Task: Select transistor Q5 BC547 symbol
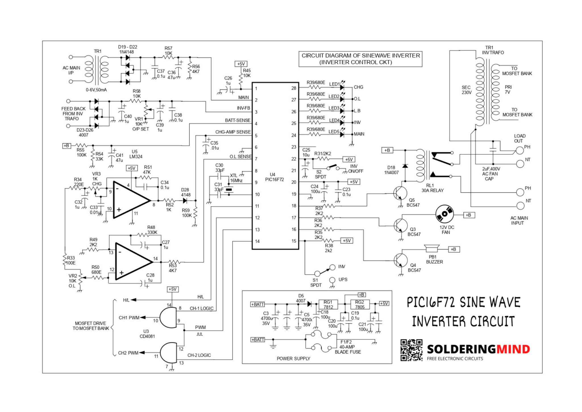pyautogui.click(x=400, y=194)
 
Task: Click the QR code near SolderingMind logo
pyautogui.click(x=411, y=350)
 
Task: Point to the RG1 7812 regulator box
pyautogui.click(x=328, y=305)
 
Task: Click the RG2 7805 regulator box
pyautogui.click(x=359, y=305)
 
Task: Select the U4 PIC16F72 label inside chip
pyautogui.click(x=272, y=177)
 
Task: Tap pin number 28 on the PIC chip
pyautogui.click(x=294, y=88)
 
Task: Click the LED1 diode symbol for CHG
pyautogui.click(x=342, y=87)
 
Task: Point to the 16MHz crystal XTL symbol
pyautogui.click(x=229, y=190)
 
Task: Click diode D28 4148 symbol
pyautogui.click(x=185, y=201)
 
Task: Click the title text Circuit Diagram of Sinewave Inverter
pyautogui.click(x=360, y=59)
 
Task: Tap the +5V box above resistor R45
pyautogui.click(x=241, y=64)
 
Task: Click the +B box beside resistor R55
pyautogui.click(x=66, y=146)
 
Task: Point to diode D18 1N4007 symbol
pyautogui.click(x=405, y=166)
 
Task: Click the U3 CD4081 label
pyautogui.click(x=147, y=334)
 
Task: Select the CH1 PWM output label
pyautogui.click(x=129, y=318)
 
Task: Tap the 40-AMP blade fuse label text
pyautogui.click(x=347, y=347)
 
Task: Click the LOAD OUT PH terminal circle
pyautogui.click(x=519, y=150)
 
